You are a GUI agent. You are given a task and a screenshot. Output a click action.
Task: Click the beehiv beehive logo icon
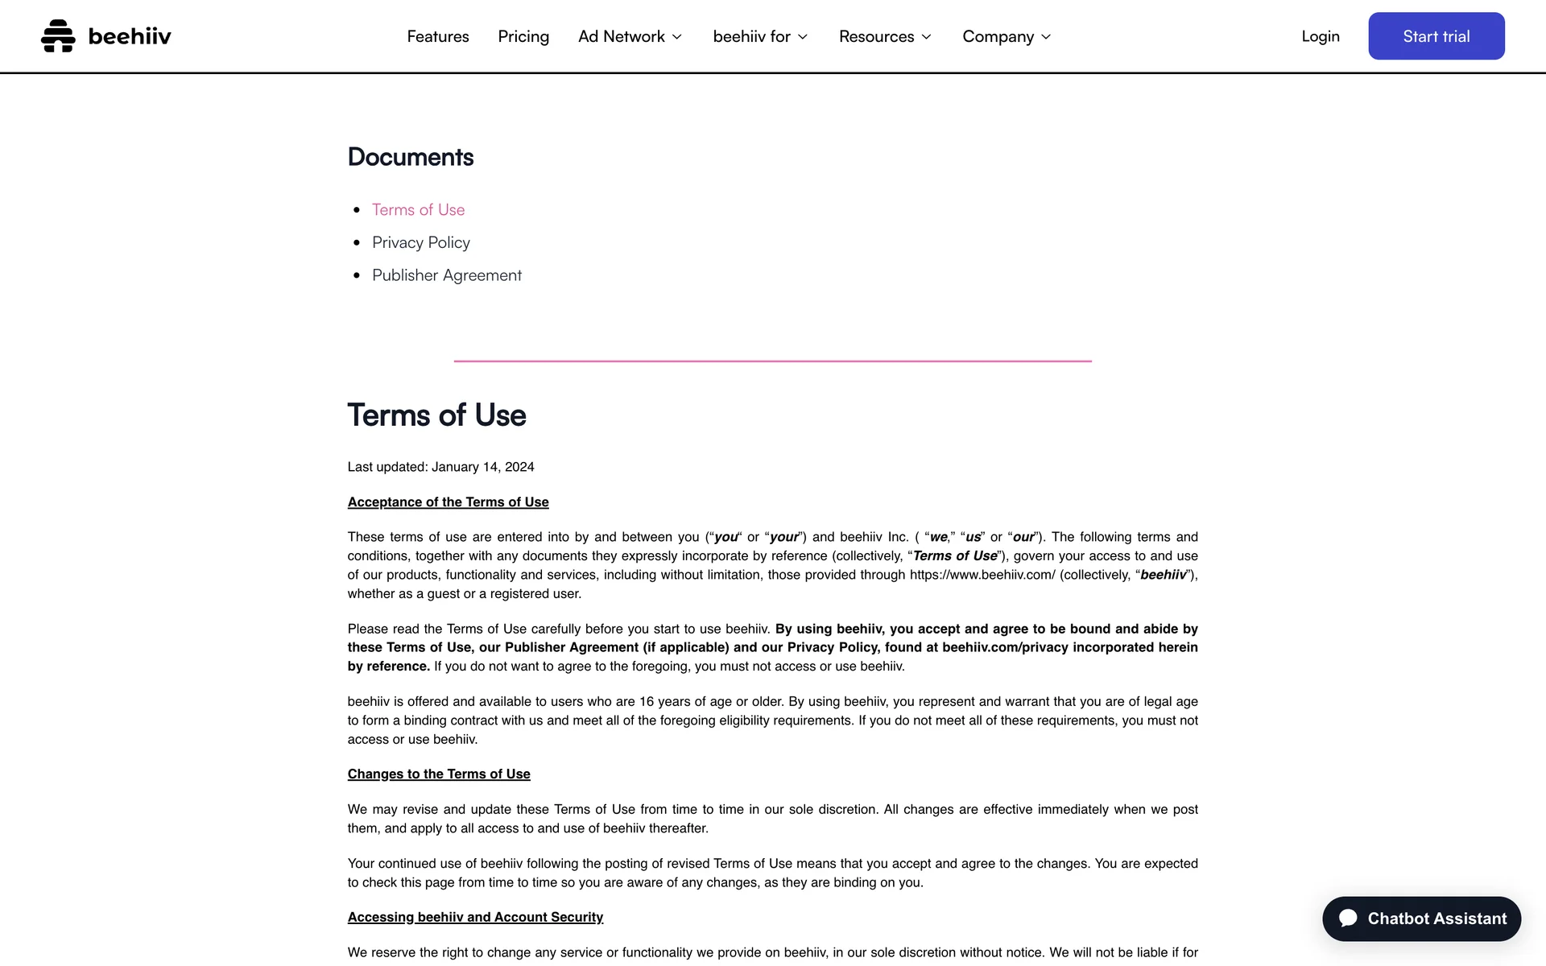pyautogui.click(x=58, y=36)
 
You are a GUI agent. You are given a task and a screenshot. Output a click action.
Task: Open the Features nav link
pyautogui.click(x=438, y=36)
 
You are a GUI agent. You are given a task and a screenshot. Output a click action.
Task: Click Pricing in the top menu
pyautogui.click(x=523, y=36)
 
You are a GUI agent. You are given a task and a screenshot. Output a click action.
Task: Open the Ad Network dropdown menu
pyautogui.click(x=630, y=36)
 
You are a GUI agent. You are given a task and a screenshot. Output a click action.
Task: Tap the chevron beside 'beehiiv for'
pyautogui.click(x=803, y=37)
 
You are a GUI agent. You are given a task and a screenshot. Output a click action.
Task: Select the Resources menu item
pyautogui.click(x=885, y=36)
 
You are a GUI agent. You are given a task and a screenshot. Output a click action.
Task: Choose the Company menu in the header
pyautogui.click(x=1007, y=36)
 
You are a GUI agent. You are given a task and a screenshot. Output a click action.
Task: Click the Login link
pyautogui.click(x=1321, y=36)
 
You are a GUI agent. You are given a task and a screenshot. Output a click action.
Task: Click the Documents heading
pyautogui.click(x=411, y=157)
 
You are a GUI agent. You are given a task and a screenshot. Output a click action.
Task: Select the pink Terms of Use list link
pyautogui.click(x=418, y=210)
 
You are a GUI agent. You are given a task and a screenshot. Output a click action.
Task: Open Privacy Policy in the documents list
pyautogui.click(x=421, y=242)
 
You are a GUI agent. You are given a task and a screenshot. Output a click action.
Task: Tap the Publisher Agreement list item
pyautogui.click(x=447, y=275)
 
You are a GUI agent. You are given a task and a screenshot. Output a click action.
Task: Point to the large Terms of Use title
pyautogui.click(x=436, y=415)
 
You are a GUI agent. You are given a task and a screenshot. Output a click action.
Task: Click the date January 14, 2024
pyautogui.click(x=483, y=467)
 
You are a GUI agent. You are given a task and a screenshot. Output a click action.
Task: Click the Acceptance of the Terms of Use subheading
pyautogui.click(x=448, y=502)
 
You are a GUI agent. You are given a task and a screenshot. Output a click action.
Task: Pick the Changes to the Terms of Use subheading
pyautogui.click(x=439, y=774)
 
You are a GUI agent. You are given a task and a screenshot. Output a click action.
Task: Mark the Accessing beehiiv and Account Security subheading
pyautogui.click(x=475, y=918)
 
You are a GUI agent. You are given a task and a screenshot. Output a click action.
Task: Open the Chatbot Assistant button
pyautogui.click(x=1421, y=919)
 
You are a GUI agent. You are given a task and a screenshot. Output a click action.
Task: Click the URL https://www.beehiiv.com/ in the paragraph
pyautogui.click(x=982, y=575)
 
